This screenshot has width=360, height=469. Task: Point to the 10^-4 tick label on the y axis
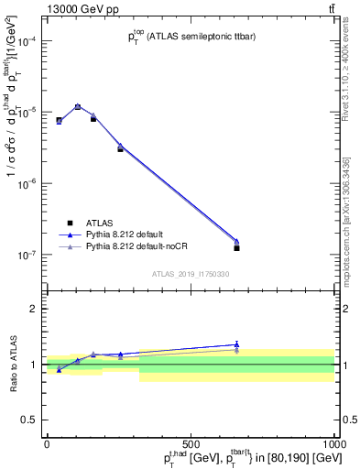pos(26,42)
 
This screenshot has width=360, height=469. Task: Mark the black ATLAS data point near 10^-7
pos(236,247)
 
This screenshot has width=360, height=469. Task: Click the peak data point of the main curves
pos(78,107)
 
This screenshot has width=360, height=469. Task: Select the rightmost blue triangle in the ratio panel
pos(236,344)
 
